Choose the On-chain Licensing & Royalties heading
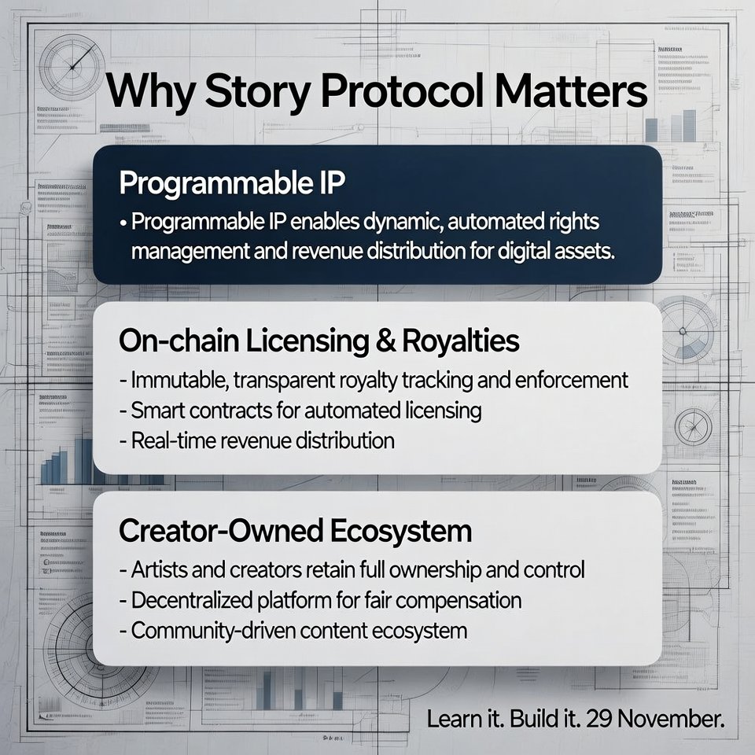pyautogui.click(x=319, y=341)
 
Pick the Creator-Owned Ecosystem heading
pyautogui.click(x=295, y=531)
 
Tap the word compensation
pyautogui.click(x=451, y=600)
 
